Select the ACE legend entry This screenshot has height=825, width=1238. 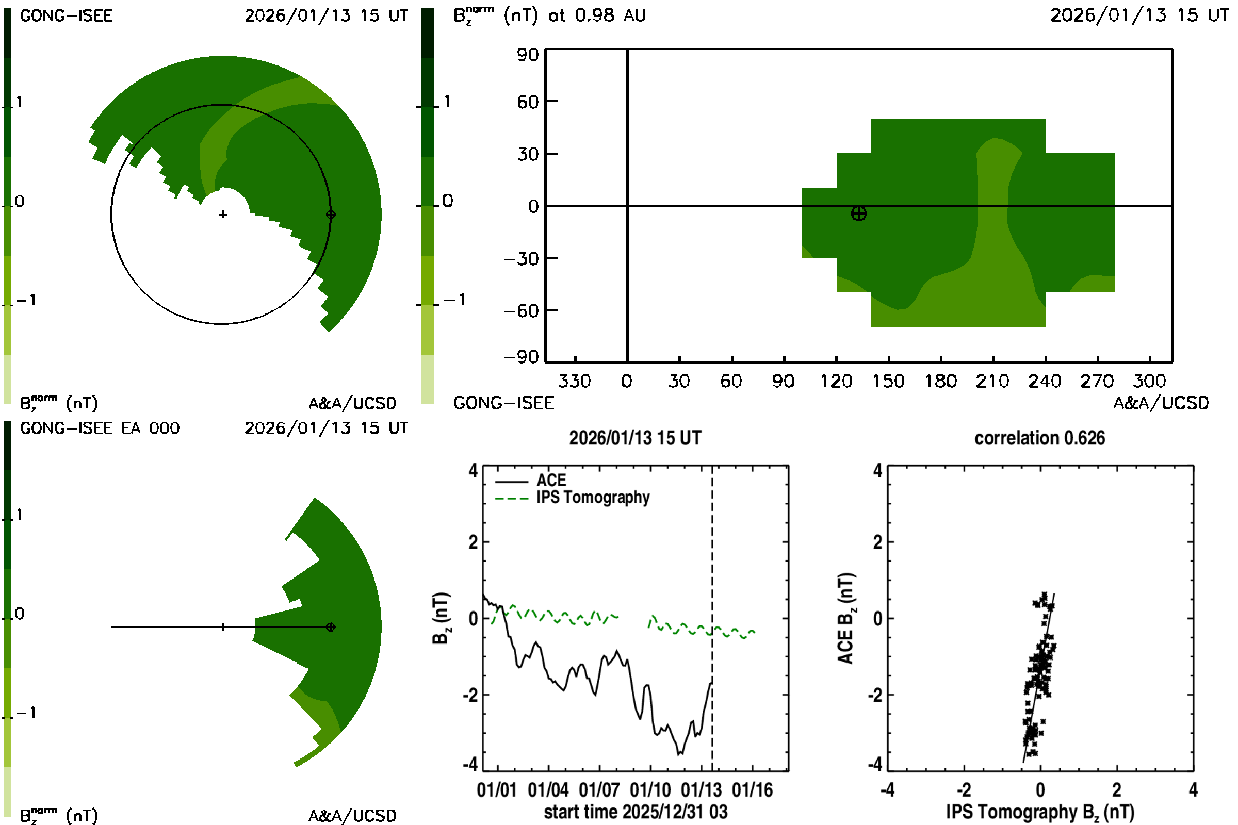tap(550, 481)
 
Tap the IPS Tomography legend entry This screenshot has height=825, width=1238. tap(593, 498)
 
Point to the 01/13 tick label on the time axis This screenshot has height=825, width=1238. tap(701, 790)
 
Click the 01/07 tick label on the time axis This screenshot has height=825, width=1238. tap(599, 790)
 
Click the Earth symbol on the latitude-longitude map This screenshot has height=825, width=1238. tap(858, 213)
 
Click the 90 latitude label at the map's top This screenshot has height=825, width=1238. tap(527, 55)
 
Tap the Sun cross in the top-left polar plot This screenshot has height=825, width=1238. tap(223, 214)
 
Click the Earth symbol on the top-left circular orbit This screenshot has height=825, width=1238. tap(331, 214)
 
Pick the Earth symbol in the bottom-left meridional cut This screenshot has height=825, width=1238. tap(331, 627)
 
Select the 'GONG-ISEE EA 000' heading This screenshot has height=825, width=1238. tap(100, 428)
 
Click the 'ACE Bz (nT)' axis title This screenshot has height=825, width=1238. tap(846, 618)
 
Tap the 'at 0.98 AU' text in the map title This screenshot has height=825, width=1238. tap(597, 16)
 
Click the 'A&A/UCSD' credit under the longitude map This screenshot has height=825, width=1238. tap(1161, 404)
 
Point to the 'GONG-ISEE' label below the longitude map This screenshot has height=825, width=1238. tap(503, 404)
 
